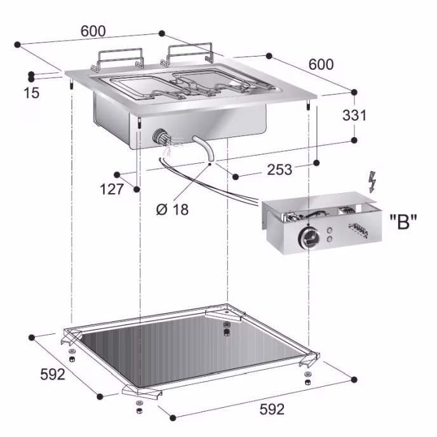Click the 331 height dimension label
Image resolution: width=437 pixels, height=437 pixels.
(354, 115)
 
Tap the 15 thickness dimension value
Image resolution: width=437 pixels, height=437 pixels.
(32, 93)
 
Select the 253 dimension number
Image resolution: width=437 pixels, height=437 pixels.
(279, 170)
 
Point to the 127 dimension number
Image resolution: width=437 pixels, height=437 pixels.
(112, 189)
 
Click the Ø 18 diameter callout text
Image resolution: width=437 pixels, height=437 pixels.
(173, 210)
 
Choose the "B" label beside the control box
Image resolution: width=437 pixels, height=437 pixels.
(403, 222)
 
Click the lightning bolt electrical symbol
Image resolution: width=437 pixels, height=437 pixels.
(372, 182)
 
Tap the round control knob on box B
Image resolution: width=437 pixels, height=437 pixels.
(309, 238)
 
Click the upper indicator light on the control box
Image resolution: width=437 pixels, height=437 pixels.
(330, 231)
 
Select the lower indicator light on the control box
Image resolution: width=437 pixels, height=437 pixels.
(330, 239)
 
